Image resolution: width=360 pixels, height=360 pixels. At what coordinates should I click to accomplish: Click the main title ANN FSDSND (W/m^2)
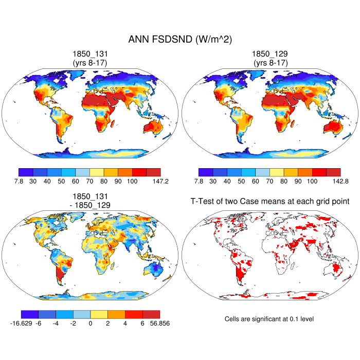179,40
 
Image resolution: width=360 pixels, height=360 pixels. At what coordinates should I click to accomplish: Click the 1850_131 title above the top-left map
90,53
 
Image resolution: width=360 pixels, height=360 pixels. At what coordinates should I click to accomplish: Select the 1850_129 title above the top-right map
270,53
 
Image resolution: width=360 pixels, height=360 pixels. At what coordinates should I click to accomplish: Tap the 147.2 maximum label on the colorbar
153,182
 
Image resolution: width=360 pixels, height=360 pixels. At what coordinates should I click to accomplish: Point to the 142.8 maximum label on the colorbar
333,182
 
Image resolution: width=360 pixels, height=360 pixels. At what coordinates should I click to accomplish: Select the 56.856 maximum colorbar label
159,323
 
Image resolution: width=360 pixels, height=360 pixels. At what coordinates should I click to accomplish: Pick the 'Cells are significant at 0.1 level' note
269,319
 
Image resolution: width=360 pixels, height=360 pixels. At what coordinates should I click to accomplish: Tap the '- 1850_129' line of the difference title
90,205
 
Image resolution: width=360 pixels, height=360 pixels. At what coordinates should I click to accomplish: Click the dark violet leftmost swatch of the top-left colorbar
25,172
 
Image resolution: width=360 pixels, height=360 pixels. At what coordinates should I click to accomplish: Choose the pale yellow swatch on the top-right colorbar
276,172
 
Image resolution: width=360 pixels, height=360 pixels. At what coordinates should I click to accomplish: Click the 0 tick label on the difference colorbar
90,323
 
